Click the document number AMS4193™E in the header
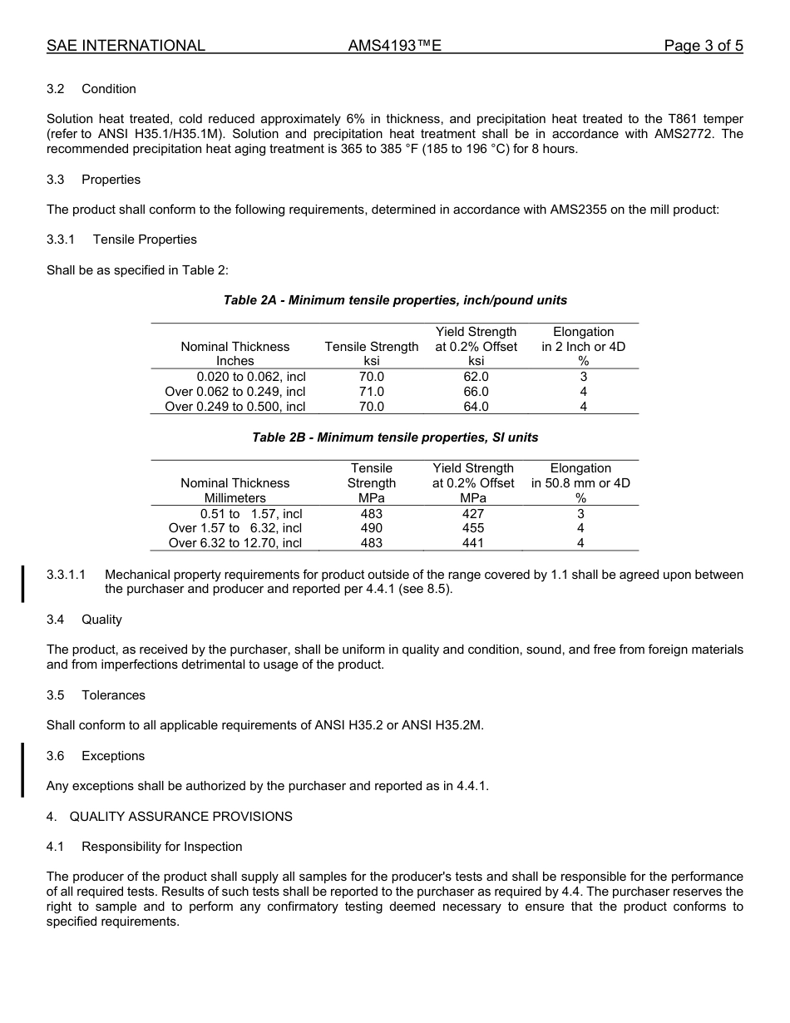[x=394, y=46]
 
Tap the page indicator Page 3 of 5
[x=704, y=46]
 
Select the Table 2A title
[x=395, y=300]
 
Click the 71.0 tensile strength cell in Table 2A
[x=371, y=392]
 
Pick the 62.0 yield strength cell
[x=476, y=377]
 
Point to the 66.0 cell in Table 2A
[x=476, y=392]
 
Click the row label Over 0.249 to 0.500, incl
[x=235, y=407]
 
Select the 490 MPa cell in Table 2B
[x=371, y=528]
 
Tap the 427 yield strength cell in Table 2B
[x=473, y=514]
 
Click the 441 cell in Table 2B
[x=473, y=543]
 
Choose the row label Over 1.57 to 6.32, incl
[x=235, y=528]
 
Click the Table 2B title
[x=395, y=437]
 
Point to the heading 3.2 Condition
[x=91, y=89]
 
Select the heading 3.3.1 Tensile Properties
[x=122, y=240]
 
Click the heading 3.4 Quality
[x=85, y=620]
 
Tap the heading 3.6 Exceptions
[x=96, y=756]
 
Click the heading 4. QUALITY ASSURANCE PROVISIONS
[x=170, y=817]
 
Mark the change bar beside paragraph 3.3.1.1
[x=23, y=582]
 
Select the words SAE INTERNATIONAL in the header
[x=126, y=46]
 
